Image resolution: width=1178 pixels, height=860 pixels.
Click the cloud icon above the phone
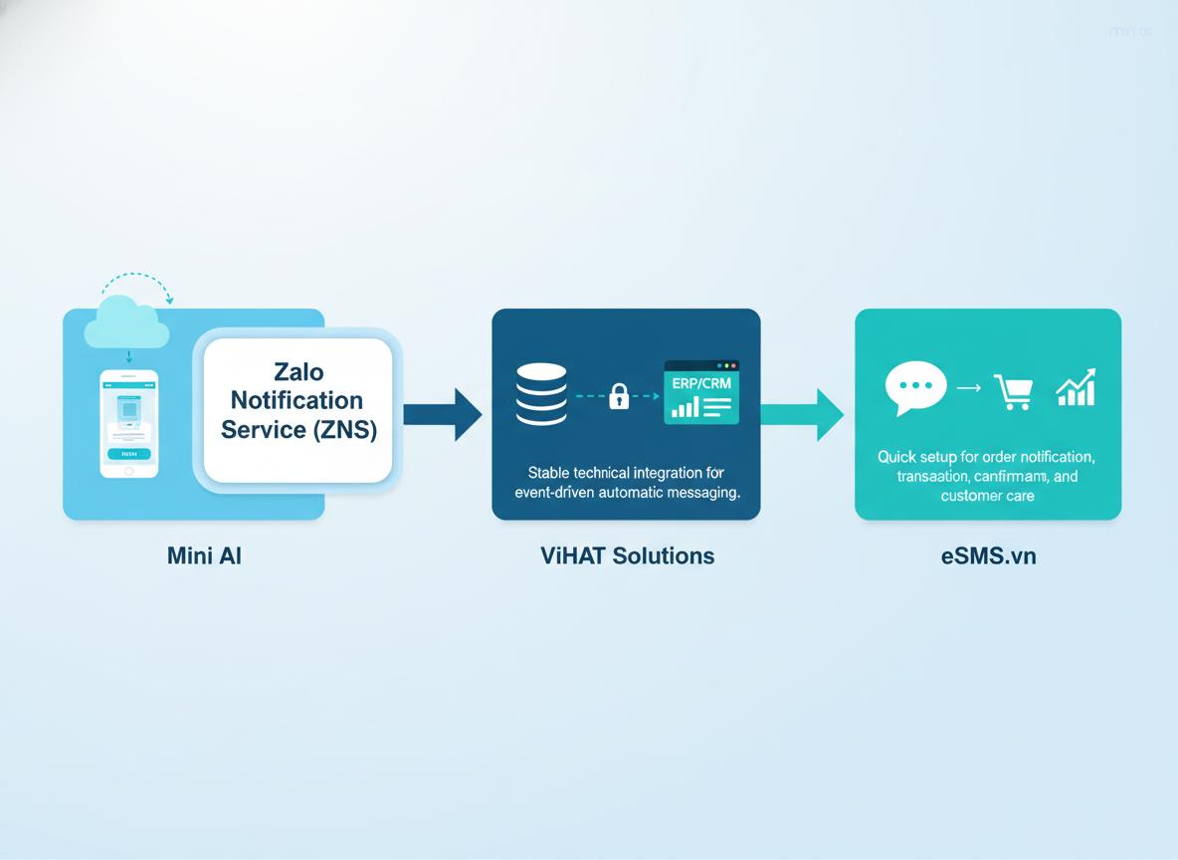(126, 323)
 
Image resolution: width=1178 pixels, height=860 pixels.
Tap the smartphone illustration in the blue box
(128, 423)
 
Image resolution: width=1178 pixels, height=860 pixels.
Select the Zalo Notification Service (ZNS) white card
(298, 409)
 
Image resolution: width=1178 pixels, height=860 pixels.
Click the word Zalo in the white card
(298, 372)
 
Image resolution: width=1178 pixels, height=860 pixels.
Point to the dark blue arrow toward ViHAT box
(442, 414)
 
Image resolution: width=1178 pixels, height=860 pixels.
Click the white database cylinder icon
(542, 394)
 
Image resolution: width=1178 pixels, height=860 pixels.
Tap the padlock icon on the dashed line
(618, 396)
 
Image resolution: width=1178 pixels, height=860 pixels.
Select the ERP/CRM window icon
(701, 392)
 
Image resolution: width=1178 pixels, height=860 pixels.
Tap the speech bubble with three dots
(914, 388)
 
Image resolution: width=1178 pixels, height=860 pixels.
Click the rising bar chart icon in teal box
(1076, 387)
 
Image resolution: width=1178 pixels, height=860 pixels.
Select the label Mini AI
(204, 555)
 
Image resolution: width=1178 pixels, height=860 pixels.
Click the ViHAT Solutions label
(627, 555)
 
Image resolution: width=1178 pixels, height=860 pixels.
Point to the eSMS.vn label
(988, 555)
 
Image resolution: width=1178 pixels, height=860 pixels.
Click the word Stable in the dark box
(550, 473)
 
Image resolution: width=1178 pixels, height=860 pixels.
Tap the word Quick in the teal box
(897, 457)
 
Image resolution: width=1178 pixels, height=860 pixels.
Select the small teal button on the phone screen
(128, 453)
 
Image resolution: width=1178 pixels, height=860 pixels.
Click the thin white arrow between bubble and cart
(968, 389)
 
